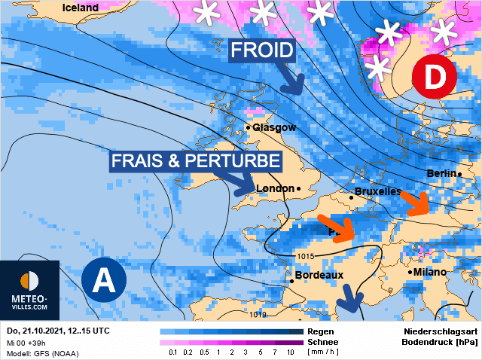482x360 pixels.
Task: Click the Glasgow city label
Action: (274, 127)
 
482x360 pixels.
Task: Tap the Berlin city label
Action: (441, 174)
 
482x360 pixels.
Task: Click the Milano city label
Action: (429, 272)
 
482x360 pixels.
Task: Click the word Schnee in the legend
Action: (323, 341)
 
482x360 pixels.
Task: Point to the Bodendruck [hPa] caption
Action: (441, 342)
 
